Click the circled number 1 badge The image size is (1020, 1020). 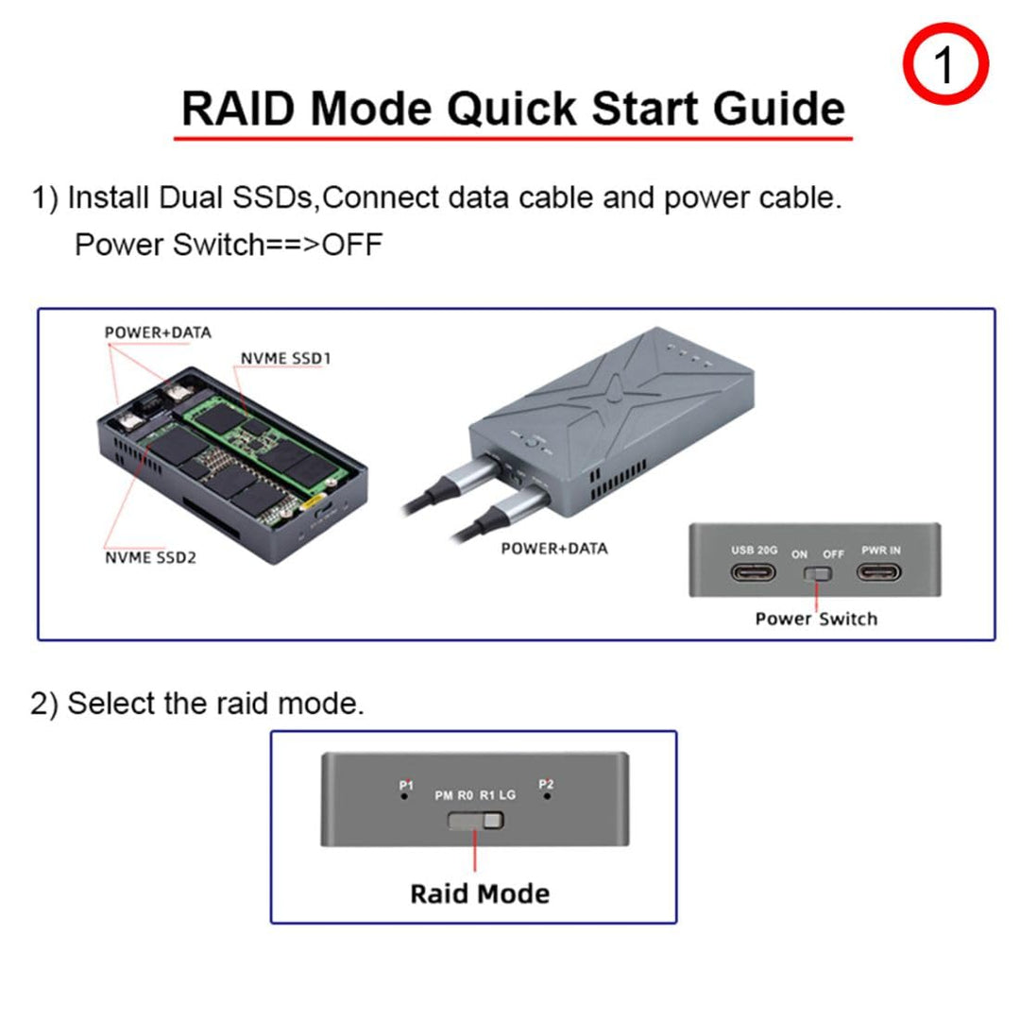point(945,63)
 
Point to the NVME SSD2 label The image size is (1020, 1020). point(151,557)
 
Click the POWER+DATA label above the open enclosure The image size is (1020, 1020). point(158,332)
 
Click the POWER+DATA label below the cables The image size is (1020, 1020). point(554,548)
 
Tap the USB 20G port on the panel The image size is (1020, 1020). point(754,573)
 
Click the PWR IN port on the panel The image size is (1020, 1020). point(880,573)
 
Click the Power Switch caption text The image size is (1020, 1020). point(816,619)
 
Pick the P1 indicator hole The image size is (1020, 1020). point(406,796)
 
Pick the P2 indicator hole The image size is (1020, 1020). point(545,796)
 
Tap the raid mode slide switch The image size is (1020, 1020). point(475,820)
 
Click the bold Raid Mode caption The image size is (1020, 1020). point(479,892)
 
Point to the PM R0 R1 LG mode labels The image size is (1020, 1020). point(475,795)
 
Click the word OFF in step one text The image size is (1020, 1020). point(352,245)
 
